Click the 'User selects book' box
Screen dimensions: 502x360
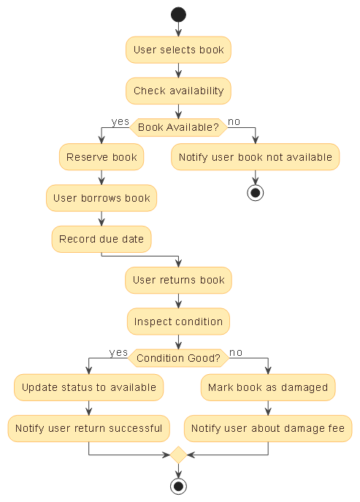point(178,50)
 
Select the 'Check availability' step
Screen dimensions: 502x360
point(178,91)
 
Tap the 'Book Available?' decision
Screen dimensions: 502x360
point(178,127)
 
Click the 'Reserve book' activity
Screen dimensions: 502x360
point(102,157)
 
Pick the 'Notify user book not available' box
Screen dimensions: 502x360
point(255,157)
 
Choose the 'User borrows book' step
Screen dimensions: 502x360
point(102,198)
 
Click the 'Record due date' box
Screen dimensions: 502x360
point(102,239)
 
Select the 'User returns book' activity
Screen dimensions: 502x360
point(178,280)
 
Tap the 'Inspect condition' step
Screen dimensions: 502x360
point(178,322)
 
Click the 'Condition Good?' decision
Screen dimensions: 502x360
point(178,358)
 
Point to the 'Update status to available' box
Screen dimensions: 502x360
point(88,387)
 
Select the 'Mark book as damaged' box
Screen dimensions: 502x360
point(268,387)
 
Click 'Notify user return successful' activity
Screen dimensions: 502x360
point(88,428)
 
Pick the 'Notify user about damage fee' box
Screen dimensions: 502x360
point(268,428)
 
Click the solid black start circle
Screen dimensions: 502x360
point(178,15)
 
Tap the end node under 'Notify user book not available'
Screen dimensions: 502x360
point(256,193)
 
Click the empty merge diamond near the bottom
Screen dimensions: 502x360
point(178,455)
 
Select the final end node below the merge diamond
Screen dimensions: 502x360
point(178,487)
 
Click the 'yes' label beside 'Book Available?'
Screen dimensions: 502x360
point(120,121)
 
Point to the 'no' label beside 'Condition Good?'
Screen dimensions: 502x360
point(236,352)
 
